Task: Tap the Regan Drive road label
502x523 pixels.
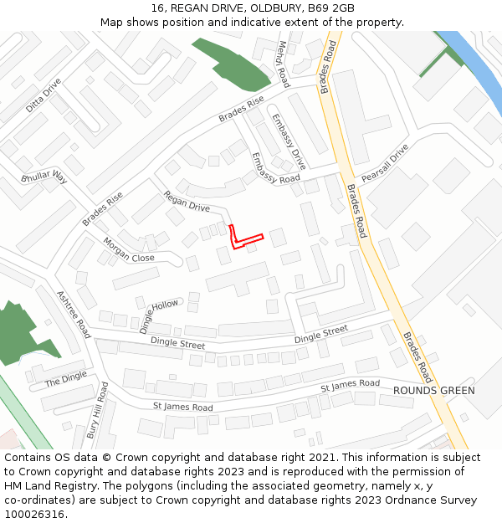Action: coord(187,201)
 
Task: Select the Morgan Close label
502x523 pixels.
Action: coord(129,250)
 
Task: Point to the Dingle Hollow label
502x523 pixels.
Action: coord(159,315)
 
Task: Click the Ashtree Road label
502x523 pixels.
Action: coord(73,314)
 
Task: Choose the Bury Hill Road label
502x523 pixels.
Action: coord(98,411)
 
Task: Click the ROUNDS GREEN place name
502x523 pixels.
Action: coord(433,391)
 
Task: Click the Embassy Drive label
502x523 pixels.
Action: coord(289,141)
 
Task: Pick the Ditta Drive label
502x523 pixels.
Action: coord(44,95)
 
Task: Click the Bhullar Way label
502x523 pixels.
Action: coord(44,177)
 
